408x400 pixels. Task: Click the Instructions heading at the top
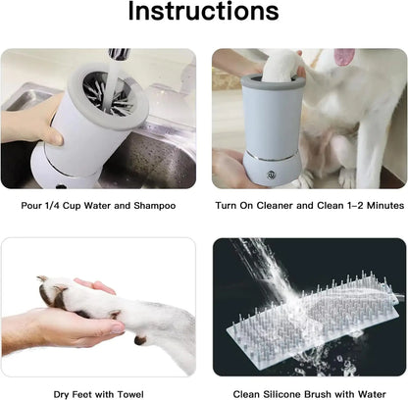pos(203,15)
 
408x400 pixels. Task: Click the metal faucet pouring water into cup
pos(118,57)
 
